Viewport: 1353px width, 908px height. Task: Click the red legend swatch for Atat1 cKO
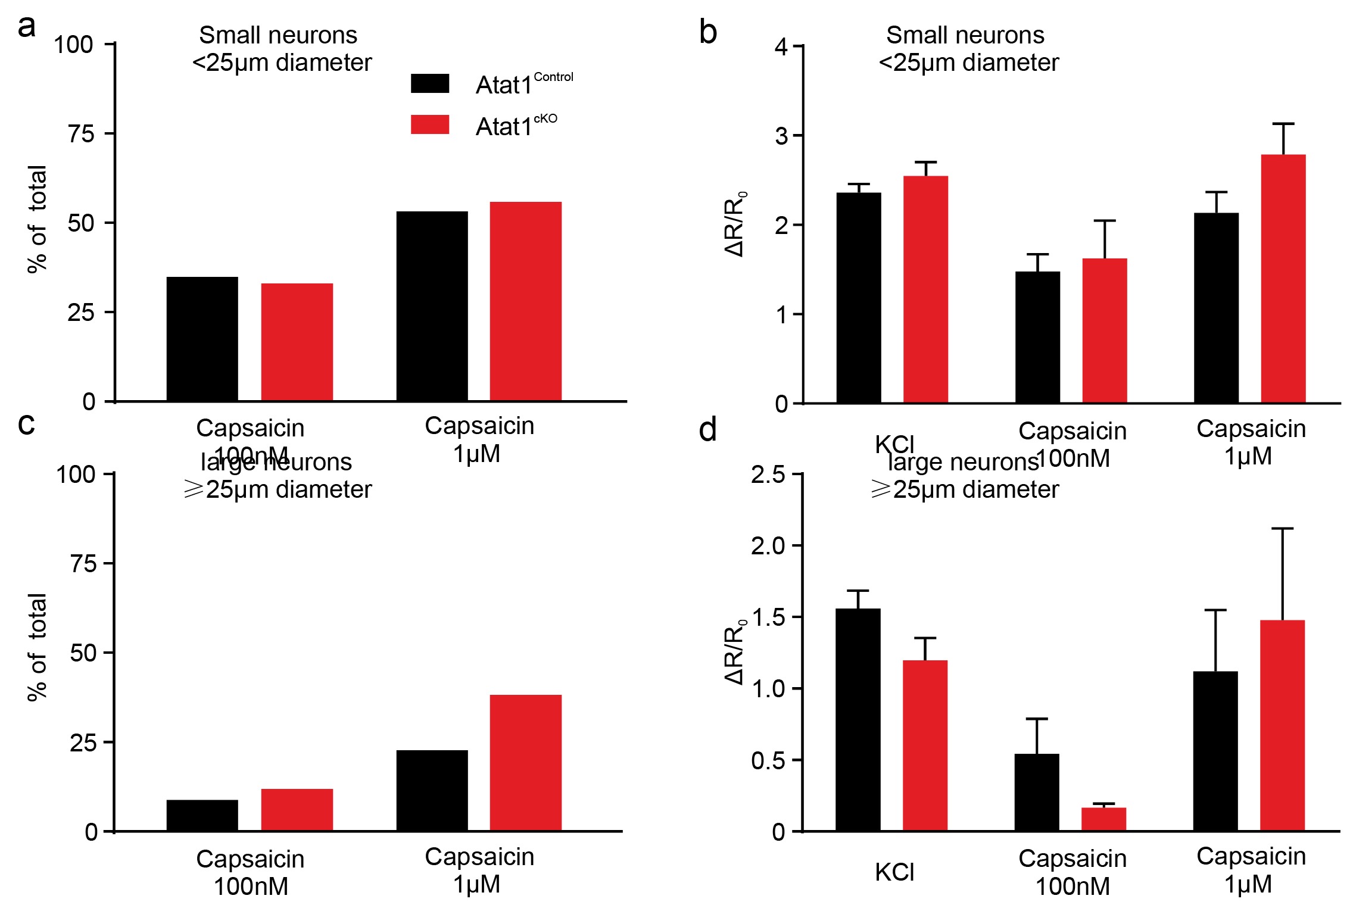[429, 124]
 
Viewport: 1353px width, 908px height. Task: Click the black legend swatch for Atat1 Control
[429, 83]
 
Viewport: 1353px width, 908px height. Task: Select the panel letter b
[707, 32]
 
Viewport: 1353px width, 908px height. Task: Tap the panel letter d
[707, 430]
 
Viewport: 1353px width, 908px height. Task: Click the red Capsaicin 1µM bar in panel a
[525, 301]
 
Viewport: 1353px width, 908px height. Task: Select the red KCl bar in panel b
[925, 289]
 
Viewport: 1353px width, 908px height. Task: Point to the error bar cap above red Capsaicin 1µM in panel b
[1283, 124]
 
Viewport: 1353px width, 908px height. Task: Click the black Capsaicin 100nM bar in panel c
[202, 815]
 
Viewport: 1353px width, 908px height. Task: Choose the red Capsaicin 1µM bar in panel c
[525, 763]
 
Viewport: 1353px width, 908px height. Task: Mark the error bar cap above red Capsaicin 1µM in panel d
[1282, 529]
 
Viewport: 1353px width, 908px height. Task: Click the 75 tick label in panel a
[81, 134]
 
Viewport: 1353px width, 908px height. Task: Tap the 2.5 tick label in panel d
[768, 475]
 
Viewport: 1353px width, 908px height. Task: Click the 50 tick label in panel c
[83, 653]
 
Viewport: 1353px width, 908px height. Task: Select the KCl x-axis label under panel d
[894, 872]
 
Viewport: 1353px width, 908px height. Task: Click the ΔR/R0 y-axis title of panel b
[735, 224]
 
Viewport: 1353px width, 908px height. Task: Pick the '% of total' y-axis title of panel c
[37, 647]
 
